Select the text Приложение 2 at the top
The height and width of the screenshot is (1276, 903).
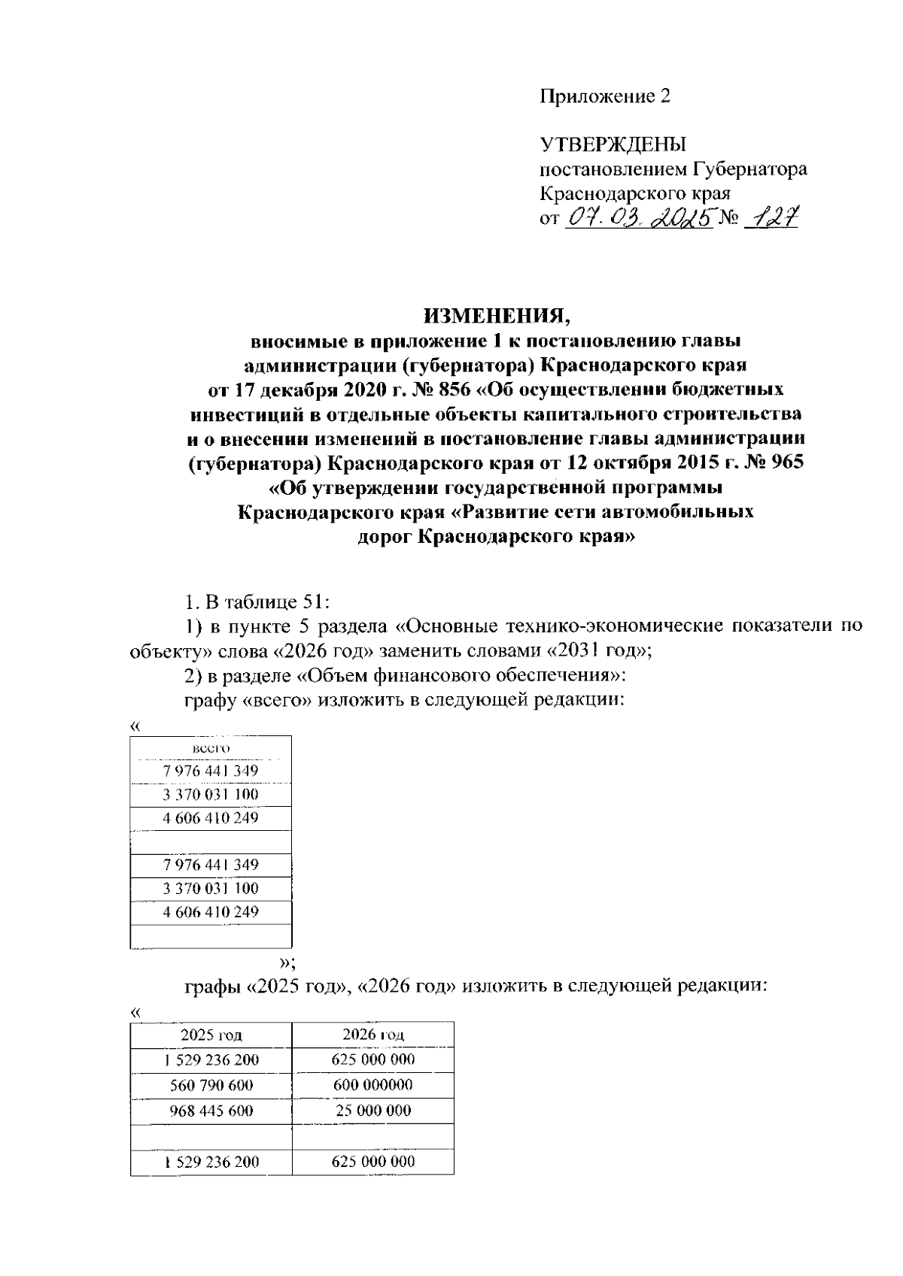(604, 96)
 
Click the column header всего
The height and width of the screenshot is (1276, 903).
(211, 748)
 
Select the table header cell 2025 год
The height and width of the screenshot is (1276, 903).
(211, 1035)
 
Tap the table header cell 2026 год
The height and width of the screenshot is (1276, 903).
(372, 1035)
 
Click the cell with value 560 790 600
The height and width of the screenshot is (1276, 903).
(211, 1085)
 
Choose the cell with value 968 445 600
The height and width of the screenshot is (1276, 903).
(211, 1111)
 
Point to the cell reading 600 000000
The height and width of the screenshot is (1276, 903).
(372, 1085)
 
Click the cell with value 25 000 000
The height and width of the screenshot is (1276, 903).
(372, 1111)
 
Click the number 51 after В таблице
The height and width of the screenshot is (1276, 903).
(312, 602)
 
